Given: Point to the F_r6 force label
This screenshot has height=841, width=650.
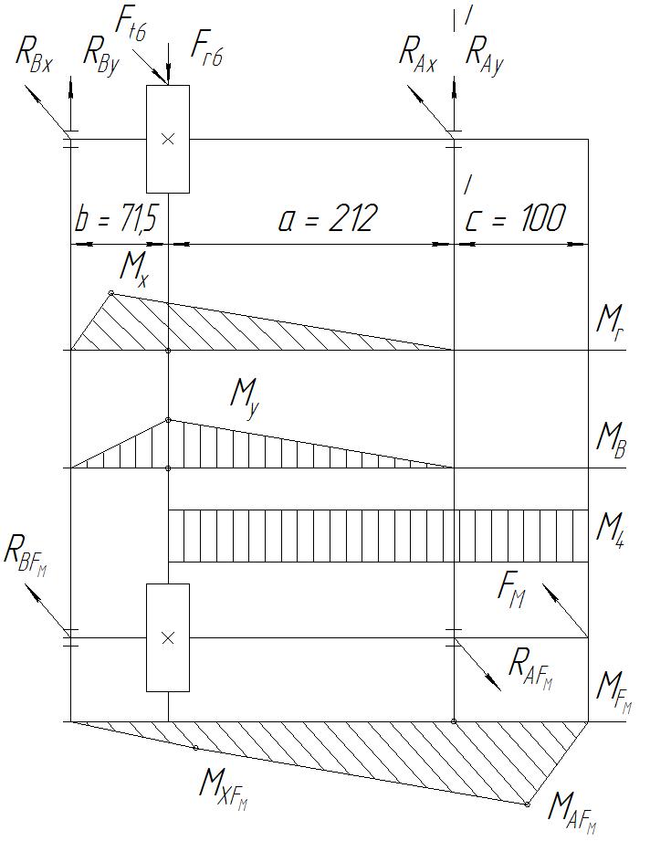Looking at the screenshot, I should (208, 47).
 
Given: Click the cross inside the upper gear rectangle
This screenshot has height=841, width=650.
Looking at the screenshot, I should (168, 139).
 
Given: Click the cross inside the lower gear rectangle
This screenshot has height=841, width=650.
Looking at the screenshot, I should (168, 638).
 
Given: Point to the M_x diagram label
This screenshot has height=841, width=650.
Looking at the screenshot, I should (133, 268).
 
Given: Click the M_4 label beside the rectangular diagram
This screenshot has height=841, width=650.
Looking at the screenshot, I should (611, 528).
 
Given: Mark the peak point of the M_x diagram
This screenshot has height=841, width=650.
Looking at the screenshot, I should (110, 293).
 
